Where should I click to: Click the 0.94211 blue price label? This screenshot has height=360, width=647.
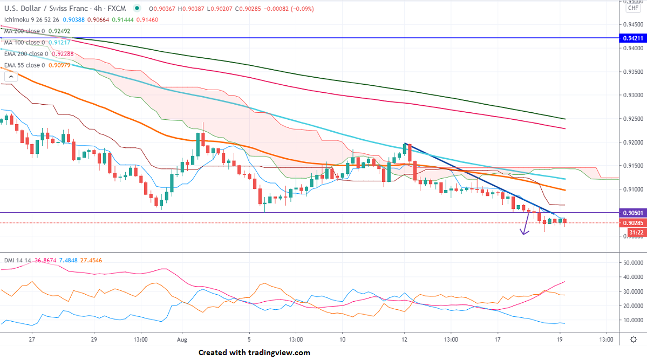point(632,38)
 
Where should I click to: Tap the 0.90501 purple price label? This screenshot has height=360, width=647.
point(632,213)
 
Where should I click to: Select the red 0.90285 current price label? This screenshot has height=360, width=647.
point(632,223)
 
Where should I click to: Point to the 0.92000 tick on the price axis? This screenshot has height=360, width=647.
point(632,142)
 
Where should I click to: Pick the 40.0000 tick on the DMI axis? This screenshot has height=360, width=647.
point(632,277)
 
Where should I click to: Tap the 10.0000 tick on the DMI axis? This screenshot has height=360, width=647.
point(632,320)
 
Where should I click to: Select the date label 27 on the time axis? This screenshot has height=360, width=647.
point(32,340)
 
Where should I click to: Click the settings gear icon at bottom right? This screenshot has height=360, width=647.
point(633,339)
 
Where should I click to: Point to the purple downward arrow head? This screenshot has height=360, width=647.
point(522,232)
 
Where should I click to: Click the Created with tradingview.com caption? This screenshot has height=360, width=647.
point(254,352)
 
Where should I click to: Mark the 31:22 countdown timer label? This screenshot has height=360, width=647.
point(632,233)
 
